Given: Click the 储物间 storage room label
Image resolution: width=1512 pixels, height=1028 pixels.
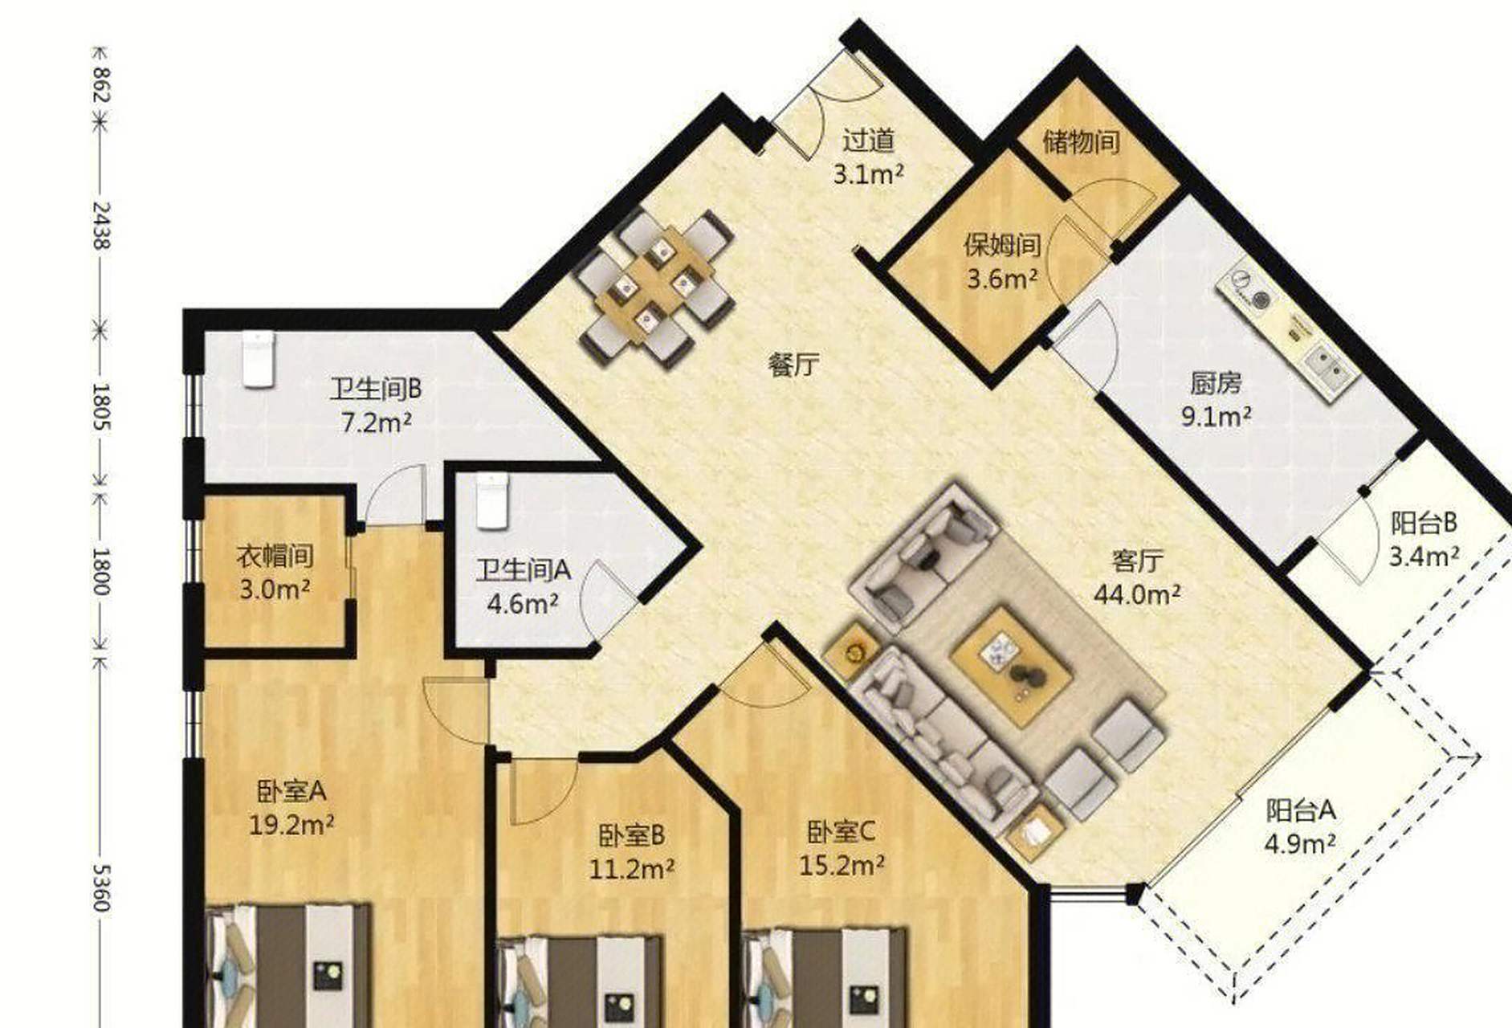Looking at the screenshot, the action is pos(1081,142).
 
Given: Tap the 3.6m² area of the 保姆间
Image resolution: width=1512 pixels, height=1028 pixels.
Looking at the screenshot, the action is pos(1003,279).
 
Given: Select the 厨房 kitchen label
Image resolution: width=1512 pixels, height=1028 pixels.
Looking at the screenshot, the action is pos(1216,383).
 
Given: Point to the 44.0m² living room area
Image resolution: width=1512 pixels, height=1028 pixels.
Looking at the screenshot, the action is pos(1137,594).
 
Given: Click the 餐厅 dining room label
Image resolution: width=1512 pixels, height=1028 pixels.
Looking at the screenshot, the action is pos(793,365).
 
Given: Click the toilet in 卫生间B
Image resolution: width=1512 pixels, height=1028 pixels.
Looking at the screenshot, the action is pos(259,360).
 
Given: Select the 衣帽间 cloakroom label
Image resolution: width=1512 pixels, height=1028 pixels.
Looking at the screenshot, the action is pos(275,556).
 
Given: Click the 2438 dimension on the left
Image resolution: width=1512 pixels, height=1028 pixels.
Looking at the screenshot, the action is pos(100,225).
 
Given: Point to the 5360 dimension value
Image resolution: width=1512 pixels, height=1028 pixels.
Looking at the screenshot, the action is pos(100,887).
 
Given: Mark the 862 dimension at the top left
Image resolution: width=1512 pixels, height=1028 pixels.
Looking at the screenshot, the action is pos(100,84).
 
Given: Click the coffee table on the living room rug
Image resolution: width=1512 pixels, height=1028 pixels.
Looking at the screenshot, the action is pos(1011,667).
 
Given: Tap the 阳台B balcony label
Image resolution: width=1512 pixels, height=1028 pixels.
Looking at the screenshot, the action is pos(1424,524).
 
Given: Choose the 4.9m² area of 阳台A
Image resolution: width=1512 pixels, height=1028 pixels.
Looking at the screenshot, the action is pos(1300,844).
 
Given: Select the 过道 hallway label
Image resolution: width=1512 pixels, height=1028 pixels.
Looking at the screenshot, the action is pos(868,141).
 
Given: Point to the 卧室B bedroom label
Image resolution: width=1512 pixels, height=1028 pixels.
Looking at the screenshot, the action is pos(631,835).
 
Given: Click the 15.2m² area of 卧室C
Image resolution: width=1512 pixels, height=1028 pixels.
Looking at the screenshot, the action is pos(842,865).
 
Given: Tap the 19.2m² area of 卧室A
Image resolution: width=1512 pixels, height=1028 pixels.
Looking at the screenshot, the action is pos(291,825).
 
